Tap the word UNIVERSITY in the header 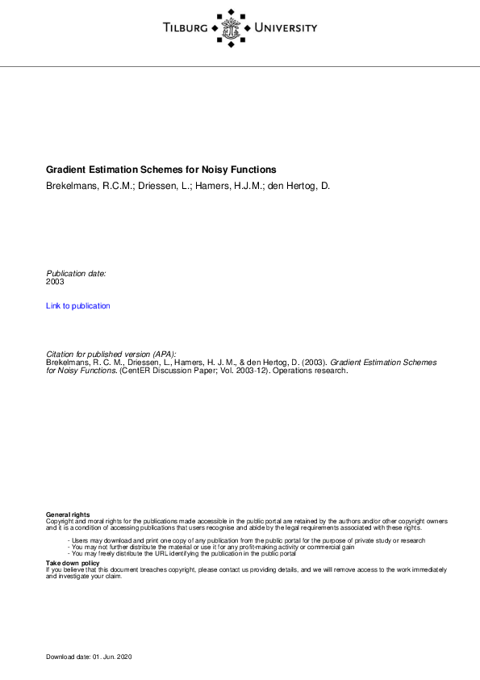286,28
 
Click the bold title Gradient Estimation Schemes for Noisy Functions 161,170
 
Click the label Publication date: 77,273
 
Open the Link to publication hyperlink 78,306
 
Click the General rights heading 68,514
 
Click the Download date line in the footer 89,657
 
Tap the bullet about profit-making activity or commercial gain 213,547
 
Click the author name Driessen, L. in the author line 155,186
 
